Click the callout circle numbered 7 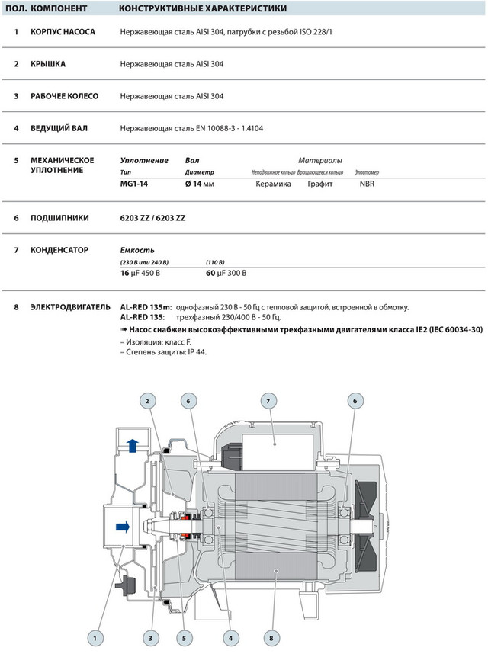(x=268, y=400)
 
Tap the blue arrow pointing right (x=120, y=526)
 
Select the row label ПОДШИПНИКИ (x=59, y=218)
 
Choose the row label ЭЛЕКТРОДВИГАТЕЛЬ (x=70, y=307)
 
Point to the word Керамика (x=272, y=184)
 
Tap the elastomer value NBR (x=367, y=184)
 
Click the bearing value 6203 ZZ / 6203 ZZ (x=152, y=218)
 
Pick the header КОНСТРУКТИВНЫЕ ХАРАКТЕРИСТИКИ (x=203, y=9)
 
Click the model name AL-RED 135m (x=146, y=307)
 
